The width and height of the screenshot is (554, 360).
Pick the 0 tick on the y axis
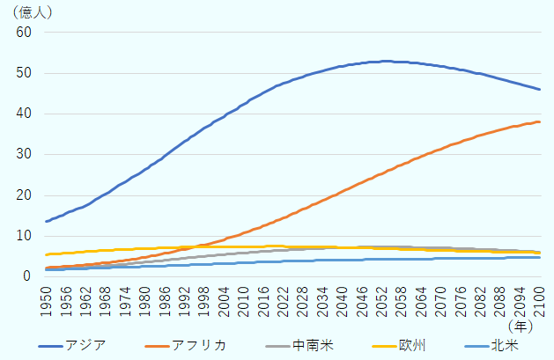coord(26,276)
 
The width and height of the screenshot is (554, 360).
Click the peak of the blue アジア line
coord(386,61)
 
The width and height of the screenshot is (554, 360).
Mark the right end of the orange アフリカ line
coord(540,121)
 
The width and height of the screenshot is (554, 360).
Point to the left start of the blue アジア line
coord(46,221)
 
